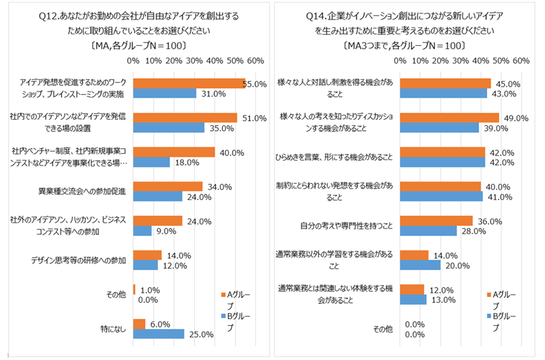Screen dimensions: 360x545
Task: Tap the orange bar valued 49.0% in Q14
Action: point(449,117)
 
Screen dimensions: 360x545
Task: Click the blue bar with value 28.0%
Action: point(428,231)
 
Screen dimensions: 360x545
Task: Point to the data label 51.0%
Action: point(253,117)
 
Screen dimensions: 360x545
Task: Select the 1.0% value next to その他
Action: point(149,290)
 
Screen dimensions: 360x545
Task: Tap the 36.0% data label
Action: point(490,222)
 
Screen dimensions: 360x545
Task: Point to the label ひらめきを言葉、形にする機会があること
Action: point(337,157)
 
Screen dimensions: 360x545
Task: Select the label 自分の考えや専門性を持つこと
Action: point(347,225)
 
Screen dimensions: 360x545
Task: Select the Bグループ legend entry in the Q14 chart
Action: point(503,321)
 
